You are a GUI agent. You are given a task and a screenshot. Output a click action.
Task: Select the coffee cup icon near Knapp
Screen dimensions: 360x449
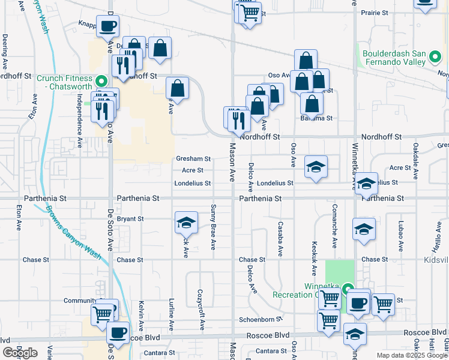[107, 26]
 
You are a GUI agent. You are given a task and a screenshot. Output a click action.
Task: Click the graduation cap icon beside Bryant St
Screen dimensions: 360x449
[186, 223]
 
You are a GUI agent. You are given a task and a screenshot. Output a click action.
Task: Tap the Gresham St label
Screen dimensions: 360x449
[193, 159]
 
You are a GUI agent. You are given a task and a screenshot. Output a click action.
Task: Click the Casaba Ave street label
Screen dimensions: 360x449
[280, 238]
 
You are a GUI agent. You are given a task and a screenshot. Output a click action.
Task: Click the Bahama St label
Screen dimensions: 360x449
[316, 118]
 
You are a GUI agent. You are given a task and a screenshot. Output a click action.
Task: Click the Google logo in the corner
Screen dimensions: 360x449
[20, 353]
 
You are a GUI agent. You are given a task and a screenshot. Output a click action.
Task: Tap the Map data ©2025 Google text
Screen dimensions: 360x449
[411, 355]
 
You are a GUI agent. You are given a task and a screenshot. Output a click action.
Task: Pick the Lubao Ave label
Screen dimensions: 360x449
[400, 237]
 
